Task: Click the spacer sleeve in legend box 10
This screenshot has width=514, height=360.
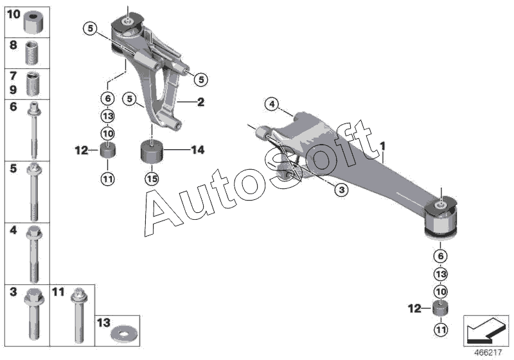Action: click(33, 23)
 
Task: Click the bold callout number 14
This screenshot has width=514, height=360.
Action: click(197, 150)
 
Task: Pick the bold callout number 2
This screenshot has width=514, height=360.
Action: click(201, 102)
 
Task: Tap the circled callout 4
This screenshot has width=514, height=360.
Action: click(272, 103)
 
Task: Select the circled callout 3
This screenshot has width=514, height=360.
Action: click(341, 189)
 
